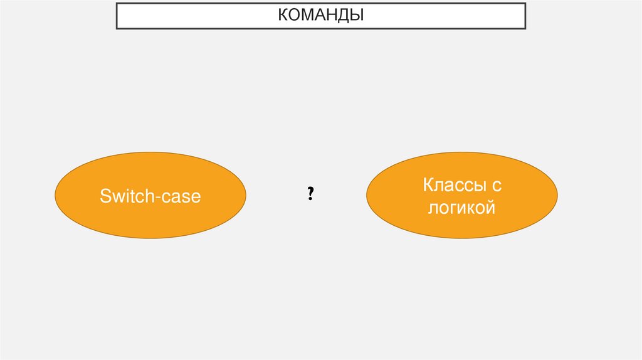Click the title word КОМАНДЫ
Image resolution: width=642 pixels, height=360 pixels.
click(321, 14)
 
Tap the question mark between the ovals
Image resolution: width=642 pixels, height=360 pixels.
click(310, 194)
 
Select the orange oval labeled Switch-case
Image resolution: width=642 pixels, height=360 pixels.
click(150, 195)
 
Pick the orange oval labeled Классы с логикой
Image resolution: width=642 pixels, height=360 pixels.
click(461, 196)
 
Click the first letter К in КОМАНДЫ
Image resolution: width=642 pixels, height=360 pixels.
click(283, 14)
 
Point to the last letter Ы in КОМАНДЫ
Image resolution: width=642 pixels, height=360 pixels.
click(357, 14)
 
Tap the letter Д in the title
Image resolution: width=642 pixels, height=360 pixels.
click(344, 14)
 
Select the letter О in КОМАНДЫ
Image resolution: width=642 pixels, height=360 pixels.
click(294, 14)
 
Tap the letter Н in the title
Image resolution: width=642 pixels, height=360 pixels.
click(332, 14)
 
